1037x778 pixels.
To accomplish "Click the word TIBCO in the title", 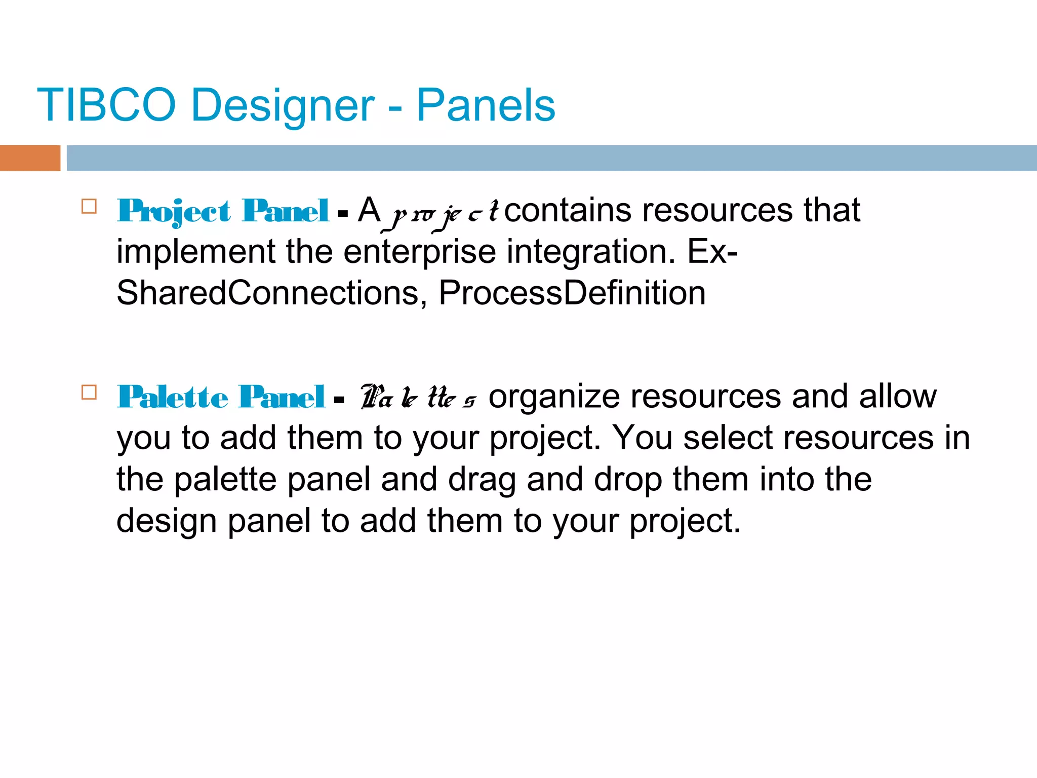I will pyautogui.click(x=106, y=105).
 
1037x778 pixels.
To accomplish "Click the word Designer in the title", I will pyautogui.click(x=283, y=105).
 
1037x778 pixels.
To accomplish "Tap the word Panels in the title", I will pyautogui.click(x=486, y=105).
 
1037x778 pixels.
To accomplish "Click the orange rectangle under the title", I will pyautogui.click(x=30, y=158).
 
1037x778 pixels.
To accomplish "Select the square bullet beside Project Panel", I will pyautogui.click(x=89, y=207).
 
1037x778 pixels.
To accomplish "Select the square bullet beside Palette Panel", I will pyautogui.click(x=89, y=393).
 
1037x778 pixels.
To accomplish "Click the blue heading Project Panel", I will pyautogui.click(x=223, y=211).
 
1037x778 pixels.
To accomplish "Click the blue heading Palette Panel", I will pyautogui.click(x=221, y=397).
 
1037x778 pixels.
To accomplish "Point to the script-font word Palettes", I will pyautogui.click(x=418, y=397).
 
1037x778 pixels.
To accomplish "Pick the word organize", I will pyautogui.click(x=554, y=397).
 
